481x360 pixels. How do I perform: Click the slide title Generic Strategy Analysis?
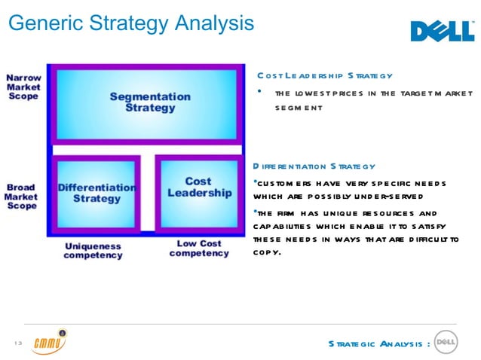tap(130, 23)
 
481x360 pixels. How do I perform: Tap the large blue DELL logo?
tap(442, 32)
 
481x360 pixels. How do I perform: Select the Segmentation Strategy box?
tap(150, 102)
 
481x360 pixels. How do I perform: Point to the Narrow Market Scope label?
tap(24, 87)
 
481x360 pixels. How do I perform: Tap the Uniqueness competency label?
tap(93, 251)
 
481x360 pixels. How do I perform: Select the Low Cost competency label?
tap(199, 249)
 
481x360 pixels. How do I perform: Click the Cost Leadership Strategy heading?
tap(325, 76)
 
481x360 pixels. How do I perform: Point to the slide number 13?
tap(18, 344)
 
